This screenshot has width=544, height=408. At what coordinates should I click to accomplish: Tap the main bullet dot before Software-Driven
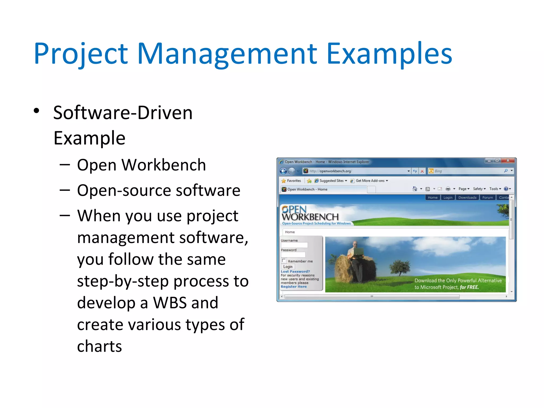37,111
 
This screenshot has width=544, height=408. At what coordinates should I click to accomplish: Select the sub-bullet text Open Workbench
141,165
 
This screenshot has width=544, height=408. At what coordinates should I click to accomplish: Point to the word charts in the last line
99,346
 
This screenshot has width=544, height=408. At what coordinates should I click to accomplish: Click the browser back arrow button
283,171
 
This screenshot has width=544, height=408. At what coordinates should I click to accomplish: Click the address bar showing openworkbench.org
356,171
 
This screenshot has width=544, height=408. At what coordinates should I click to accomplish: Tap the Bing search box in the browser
467,171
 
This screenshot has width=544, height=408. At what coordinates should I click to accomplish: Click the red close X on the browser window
508,160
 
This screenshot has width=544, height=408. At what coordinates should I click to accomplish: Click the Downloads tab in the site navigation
467,197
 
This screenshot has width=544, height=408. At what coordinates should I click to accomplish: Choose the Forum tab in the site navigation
487,197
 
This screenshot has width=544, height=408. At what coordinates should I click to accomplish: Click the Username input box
294,245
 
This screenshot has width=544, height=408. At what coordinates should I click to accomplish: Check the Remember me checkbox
284,261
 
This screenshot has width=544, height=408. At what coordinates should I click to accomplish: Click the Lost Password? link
295,271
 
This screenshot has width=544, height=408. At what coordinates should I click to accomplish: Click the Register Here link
294,287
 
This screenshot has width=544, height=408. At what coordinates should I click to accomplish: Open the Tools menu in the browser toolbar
495,189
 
